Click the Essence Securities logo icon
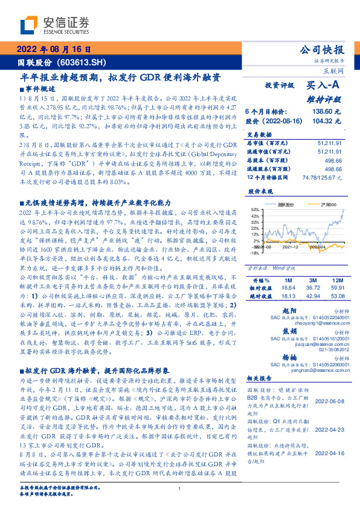[x=30, y=25]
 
